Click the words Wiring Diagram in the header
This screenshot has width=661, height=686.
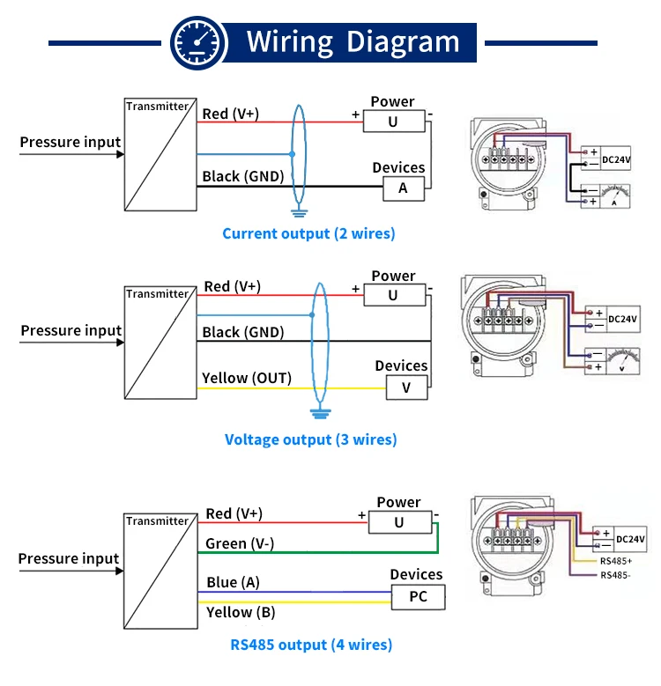click(x=353, y=42)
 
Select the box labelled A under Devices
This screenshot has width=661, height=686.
click(x=403, y=188)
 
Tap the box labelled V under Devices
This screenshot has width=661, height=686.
click(x=405, y=386)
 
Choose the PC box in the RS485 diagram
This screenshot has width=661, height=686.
click(x=418, y=597)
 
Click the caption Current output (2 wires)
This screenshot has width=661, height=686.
click(x=308, y=233)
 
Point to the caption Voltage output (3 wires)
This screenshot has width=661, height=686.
click(x=310, y=439)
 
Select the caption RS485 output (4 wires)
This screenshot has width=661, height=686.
click(x=311, y=645)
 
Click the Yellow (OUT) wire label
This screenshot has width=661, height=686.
click(x=247, y=378)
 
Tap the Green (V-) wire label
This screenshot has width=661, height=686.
click(x=240, y=543)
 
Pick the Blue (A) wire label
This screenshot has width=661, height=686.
click(x=233, y=582)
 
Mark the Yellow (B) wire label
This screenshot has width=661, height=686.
click(x=241, y=612)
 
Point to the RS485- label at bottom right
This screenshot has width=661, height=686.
click(x=615, y=575)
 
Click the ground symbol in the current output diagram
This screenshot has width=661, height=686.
click(x=300, y=211)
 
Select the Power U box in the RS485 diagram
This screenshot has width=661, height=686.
click(x=399, y=523)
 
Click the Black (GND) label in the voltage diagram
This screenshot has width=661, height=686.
click(x=243, y=332)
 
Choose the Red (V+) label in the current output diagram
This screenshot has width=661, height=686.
click(x=230, y=114)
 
